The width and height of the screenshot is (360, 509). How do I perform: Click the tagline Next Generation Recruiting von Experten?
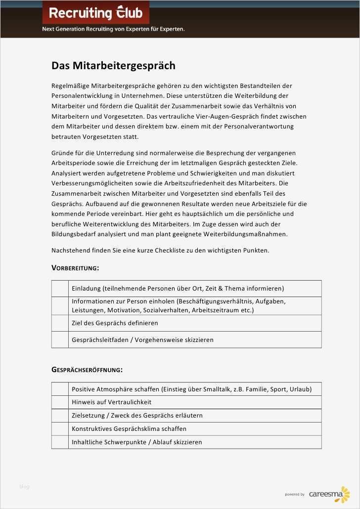click(113, 29)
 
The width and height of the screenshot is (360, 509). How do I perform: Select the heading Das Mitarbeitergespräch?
click(113, 66)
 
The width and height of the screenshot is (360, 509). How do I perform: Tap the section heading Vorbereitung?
click(75, 268)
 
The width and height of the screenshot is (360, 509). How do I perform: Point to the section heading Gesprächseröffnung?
click(87, 370)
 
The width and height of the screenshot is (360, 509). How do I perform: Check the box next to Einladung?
click(60, 289)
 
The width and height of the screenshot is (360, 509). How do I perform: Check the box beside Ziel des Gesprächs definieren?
click(60, 323)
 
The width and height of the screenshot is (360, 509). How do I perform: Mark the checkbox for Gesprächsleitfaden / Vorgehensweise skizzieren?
click(60, 340)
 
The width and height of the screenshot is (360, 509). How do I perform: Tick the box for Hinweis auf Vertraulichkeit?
click(60, 402)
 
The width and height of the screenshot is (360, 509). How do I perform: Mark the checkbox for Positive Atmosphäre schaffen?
click(60, 389)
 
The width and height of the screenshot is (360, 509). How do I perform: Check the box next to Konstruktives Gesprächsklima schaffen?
click(60, 429)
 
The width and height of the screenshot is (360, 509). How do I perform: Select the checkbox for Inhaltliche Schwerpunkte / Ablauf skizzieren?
click(60, 442)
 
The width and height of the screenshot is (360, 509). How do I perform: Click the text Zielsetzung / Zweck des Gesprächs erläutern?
click(137, 416)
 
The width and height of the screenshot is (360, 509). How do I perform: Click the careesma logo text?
click(324, 494)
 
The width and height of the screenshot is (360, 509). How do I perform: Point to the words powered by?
click(295, 494)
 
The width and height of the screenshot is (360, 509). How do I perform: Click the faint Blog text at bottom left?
click(24, 487)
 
